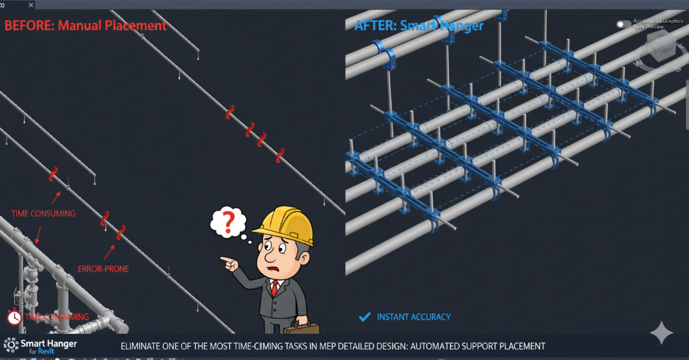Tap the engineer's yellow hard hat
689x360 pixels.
[x=287, y=226]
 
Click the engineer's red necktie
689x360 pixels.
[x=275, y=289]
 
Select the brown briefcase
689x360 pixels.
[x=301, y=328]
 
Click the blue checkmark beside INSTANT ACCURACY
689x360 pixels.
[x=365, y=316]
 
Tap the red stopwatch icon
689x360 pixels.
[x=14, y=316]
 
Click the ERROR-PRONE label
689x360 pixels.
[x=103, y=269]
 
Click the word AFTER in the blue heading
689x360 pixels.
[x=374, y=26]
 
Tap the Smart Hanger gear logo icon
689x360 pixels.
[x=11, y=345]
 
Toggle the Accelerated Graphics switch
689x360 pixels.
[x=624, y=24]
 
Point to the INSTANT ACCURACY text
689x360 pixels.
[x=414, y=317]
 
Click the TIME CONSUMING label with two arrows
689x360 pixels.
[x=43, y=214]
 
